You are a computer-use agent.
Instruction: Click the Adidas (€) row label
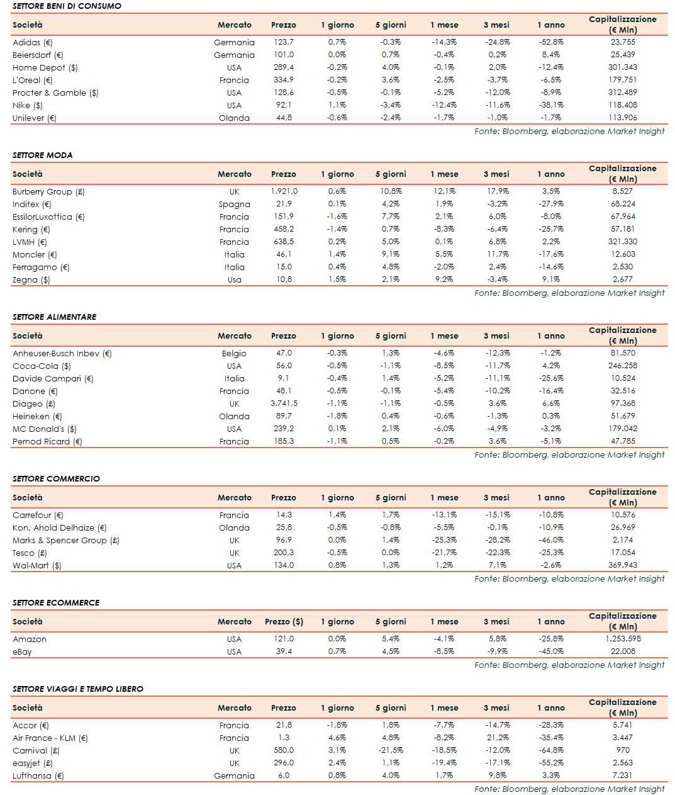[33, 42]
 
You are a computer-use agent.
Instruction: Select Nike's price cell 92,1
[284, 105]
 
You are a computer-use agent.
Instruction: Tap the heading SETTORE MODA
[42, 155]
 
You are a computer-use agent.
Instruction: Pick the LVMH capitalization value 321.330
[622, 242]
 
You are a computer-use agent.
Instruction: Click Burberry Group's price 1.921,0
[284, 191]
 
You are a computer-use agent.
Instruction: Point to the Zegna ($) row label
[31, 279]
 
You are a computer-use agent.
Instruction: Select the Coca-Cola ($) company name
[42, 366]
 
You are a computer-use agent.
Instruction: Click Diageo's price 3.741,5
[284, 403]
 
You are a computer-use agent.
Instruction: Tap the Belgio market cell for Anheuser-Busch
[234, 353]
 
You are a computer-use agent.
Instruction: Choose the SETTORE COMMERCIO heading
[56, 478]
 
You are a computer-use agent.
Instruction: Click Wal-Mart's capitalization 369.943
[622, 565]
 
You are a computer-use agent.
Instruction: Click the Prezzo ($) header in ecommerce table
[284, 621]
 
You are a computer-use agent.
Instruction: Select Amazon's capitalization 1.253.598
[622, 639]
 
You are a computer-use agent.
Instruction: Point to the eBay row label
[22, 651]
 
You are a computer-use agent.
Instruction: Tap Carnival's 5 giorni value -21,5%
[391, 750]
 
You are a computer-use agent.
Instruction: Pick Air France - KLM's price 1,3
[284, 738]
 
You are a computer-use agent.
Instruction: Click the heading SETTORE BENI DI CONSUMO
[67, 6]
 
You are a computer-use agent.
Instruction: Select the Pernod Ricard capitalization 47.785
[622, 441]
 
